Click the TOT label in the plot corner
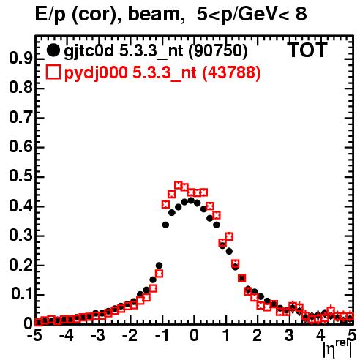(x=308, y=50)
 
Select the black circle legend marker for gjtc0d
(x=53, y=50)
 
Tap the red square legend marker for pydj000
(x=53, y=72)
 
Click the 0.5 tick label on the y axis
(x=20, y=176)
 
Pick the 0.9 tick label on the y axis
(x=20, y=58)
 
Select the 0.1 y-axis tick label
(x=22, y=294)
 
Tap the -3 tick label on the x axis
(x=98, y=335)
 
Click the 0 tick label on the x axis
(x=194, y=335)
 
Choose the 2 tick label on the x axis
(x=258, y=335)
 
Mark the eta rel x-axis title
(x=337, y=349)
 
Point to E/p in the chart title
(x=50, y=15)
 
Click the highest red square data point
(x=179, y=186)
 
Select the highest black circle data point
(x=191, y=200)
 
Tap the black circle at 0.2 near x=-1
(x=159, y=266)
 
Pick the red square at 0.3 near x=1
(x=229, y=236)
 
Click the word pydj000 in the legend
(x=96, y=73)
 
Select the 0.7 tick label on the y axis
(x=20, y=117)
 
